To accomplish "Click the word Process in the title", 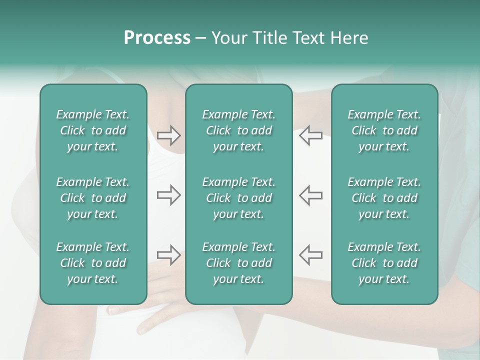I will point(157,38).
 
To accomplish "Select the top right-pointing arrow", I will point(168,135).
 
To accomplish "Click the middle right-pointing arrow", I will point(168,195).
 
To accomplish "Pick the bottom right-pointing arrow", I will point(168,255).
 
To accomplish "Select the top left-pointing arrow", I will point(310,135).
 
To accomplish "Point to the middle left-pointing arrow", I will point(310,195).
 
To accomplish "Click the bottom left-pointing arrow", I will point(310,255).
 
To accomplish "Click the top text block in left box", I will point(93,130).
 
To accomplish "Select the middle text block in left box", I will point(93,198).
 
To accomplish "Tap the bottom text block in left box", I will point(93,263).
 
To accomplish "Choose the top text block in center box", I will point(238,130).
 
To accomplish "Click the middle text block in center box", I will point(238,198).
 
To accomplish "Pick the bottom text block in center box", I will point(238,263).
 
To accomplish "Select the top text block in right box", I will point(384,130).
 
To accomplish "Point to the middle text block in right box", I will point(384,198).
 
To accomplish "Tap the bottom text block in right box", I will point(384,263).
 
